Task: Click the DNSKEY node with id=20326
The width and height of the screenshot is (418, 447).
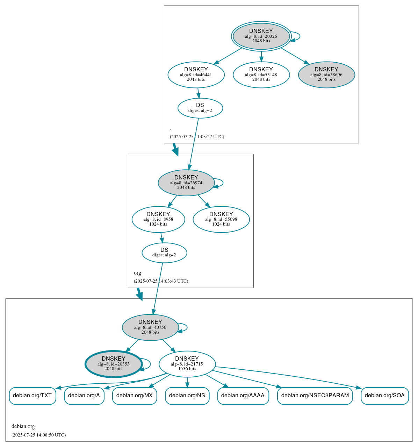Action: click(261, 36)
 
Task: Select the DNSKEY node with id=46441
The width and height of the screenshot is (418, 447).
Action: click(196, 74)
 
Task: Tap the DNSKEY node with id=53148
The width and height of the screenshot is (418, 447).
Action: click(261, 74)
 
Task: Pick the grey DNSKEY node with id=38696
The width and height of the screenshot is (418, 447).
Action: click(326, 74)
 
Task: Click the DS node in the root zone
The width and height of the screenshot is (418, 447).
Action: click(200, 108)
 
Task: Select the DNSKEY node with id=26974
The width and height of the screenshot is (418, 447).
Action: click(186, 183)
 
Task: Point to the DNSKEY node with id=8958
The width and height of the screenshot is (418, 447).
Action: click(158, 219)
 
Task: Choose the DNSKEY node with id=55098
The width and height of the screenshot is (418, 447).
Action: click(221, 219)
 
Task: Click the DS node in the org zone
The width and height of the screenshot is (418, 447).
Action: click(164, 253)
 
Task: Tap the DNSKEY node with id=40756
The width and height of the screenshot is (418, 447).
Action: click(150, 327)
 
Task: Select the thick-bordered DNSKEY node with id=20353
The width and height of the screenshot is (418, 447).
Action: click(114, 364)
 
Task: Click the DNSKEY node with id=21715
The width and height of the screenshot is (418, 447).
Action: click(187, 364)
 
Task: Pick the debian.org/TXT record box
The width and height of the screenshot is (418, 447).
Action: click(33, 396)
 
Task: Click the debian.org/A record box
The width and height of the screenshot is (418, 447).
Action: click(84, 396)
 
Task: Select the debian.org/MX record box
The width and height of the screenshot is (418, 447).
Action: click(135, 396)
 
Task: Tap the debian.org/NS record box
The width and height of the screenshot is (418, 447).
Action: click(187, 396)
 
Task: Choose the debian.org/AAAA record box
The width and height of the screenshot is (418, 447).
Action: click(243, 396)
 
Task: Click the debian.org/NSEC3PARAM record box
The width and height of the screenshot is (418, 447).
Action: click(315, 396)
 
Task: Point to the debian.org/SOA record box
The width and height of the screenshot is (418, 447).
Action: click(384, 396)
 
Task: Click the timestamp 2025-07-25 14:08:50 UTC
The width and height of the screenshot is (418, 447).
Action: click(38, 435)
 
